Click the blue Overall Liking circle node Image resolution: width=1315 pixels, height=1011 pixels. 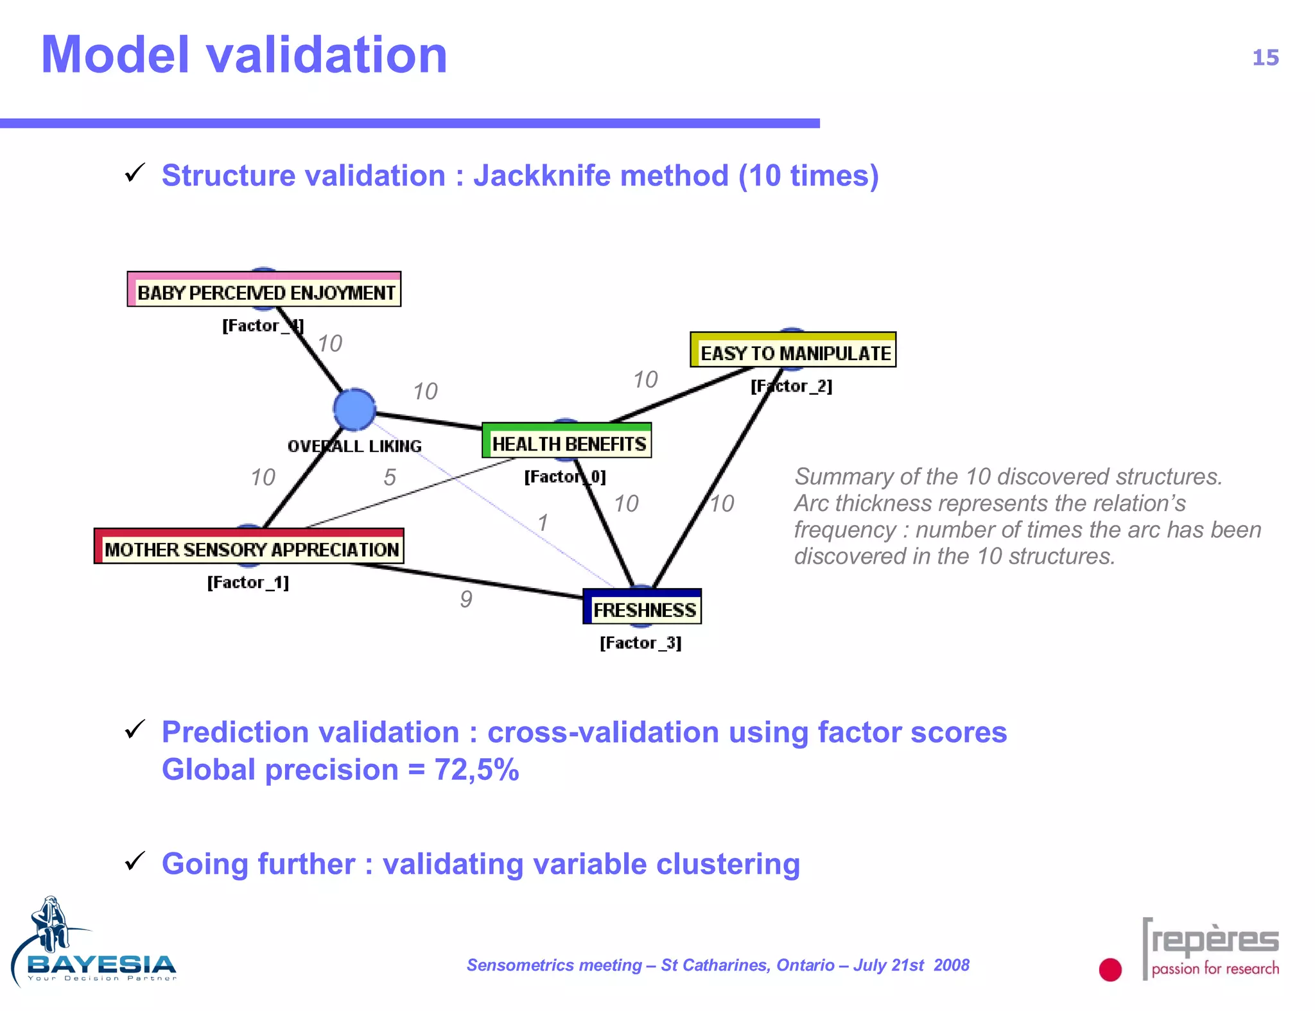tap(354, 410)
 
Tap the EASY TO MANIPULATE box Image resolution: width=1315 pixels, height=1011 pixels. tap(793, 351)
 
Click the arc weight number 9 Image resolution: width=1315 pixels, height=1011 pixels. tap(466, 600)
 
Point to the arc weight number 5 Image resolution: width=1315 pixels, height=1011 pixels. tap(389, 478)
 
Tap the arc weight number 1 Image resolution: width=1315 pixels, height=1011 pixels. tap(543, 523)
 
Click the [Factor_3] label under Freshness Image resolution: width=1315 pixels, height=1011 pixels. tap(640, 643)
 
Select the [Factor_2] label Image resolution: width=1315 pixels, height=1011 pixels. tap(791, 386)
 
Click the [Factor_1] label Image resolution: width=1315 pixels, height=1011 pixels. tap(248, 583)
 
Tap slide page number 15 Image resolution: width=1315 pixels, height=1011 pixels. tap(1265, 58)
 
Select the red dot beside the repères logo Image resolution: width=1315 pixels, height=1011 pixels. tap(1110, 969)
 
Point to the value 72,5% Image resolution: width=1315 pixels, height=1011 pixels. tap(476, 770)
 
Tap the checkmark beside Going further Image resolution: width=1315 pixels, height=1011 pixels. tap(135, 861)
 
